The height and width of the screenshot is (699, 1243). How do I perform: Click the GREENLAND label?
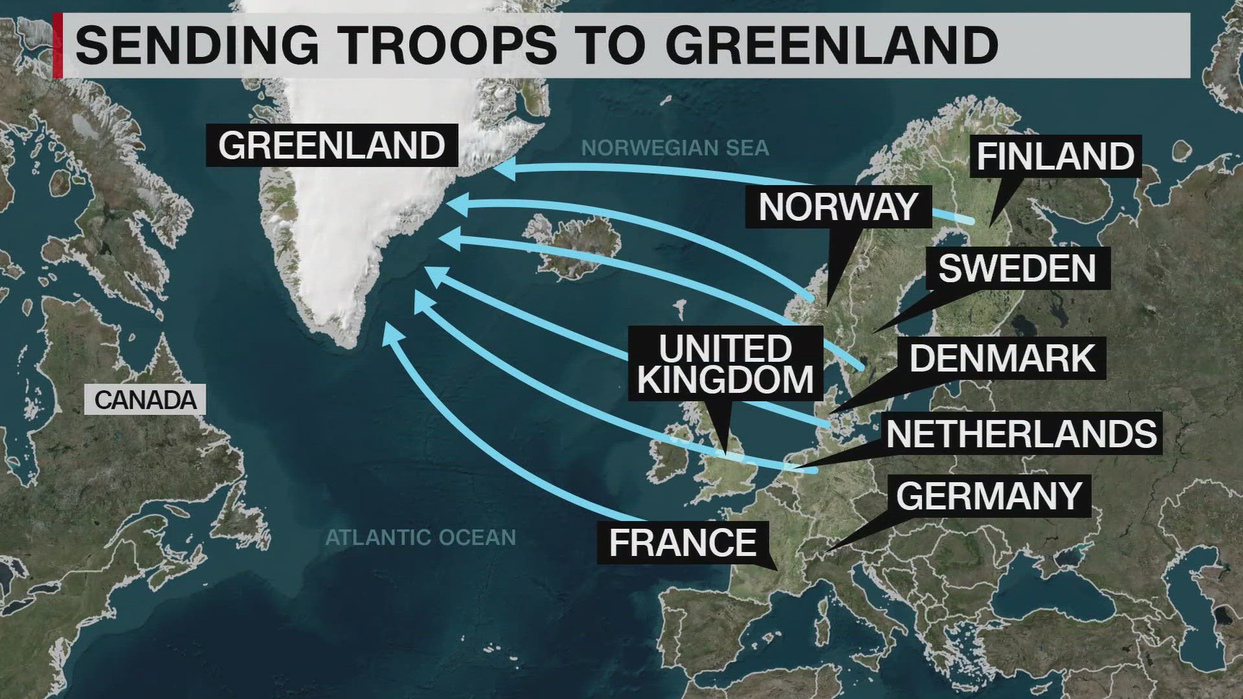331,145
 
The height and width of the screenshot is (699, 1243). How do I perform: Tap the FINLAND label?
1055,157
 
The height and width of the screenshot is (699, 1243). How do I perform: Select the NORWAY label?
838,207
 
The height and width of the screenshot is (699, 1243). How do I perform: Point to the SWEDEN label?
1017,268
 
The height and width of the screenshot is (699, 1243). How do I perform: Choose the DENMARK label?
1002,358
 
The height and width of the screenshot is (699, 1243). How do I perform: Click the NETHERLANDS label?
1022,434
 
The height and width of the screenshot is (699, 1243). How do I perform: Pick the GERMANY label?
989,496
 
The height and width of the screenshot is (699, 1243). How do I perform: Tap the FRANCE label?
683,542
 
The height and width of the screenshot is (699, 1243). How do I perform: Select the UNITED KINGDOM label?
725,364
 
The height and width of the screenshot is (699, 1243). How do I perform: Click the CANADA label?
145,400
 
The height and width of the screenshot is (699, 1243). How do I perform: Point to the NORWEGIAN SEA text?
675,148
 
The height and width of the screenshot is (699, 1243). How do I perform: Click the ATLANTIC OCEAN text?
421,537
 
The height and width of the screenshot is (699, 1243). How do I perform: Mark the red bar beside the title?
58,45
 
